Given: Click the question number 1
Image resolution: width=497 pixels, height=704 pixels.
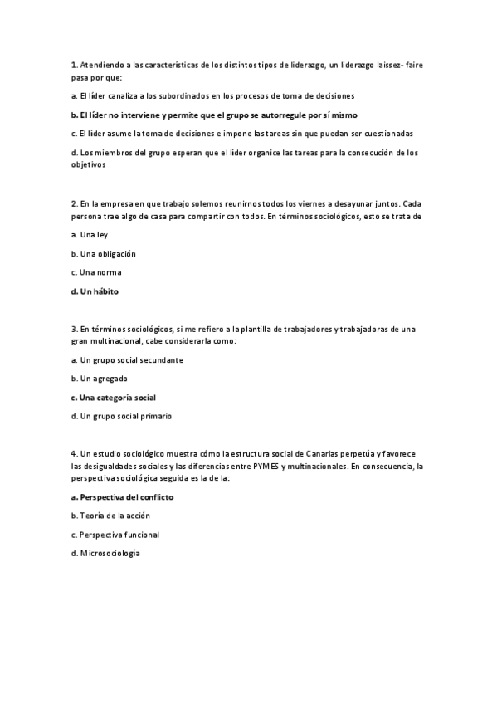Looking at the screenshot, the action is pyautogui.click(x=74, y=65).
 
